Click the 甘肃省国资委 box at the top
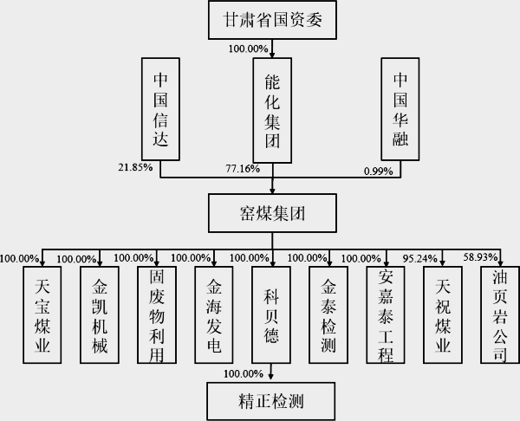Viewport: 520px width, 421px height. click(274, 20)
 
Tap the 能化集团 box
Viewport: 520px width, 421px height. click(274, 108)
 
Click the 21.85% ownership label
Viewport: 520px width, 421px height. click(134, 167)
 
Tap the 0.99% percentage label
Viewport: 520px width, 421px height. click(378, 172)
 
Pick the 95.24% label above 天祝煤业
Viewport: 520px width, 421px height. click(422, 257)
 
